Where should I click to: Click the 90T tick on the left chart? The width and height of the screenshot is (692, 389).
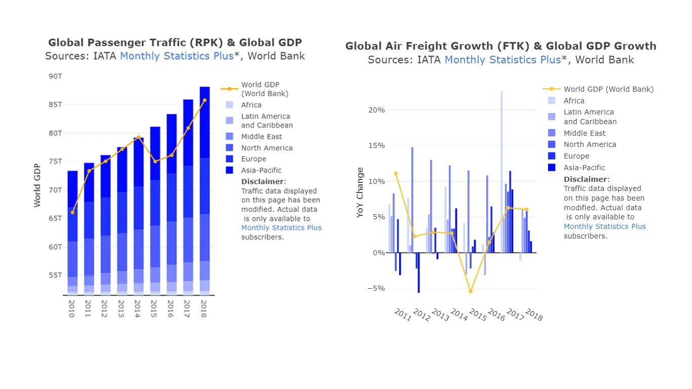click(55, 76)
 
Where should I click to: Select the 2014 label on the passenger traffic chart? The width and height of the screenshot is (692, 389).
click(137, 308)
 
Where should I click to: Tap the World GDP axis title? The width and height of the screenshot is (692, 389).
click(37, 185)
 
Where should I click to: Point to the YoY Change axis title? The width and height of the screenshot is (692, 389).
click(360, 192)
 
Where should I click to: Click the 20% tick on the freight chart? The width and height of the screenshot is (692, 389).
click(376, 110)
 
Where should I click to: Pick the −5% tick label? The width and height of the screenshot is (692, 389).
click(376, 288)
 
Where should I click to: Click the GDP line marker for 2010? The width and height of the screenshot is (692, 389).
click(72, 212)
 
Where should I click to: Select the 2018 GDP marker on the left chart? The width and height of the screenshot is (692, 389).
click(205, 100)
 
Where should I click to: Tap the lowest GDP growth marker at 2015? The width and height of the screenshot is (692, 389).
click(471, 291)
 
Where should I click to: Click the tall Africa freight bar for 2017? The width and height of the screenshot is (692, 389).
click(502, 172)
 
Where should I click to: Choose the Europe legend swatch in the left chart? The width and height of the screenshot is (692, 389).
click(229, 159)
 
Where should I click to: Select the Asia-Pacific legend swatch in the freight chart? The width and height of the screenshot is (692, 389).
click(552, 168)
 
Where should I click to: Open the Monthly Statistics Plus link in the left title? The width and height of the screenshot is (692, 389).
click(177, 56)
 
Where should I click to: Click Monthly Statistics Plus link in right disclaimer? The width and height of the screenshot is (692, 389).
click(604, 226)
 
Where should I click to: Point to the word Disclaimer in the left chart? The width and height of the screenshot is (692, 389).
click(262, 181)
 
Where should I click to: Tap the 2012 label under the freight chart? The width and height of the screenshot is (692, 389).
click(421, 315)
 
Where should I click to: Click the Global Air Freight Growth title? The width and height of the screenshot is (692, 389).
click(501, 46)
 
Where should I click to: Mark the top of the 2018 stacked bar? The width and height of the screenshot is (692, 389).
click(205, 87)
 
